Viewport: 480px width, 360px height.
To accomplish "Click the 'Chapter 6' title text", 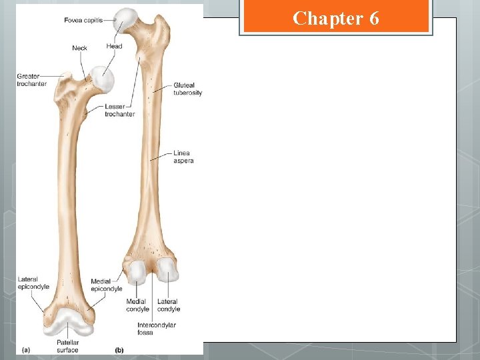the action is point(336,18).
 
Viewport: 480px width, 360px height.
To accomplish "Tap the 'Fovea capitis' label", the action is point(83,21).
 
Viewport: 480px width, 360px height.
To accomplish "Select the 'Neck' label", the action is point(79,48).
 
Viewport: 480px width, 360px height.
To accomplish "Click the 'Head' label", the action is point(114,47).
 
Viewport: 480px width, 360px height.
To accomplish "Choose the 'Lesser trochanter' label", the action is point(119,110).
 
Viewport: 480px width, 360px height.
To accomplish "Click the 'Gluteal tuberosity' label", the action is point(187,89).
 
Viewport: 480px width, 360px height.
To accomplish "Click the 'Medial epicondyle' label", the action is point(107,285).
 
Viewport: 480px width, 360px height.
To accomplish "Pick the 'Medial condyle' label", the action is point(137,305).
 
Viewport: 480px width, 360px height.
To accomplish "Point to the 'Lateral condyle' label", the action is point(169,305).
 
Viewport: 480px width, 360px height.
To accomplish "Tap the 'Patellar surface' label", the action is point(67,347).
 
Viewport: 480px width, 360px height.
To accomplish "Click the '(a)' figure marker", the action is point(26,349).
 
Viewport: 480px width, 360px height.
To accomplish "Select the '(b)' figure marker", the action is point(119,349).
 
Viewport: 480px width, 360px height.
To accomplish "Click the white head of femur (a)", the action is point(101,80).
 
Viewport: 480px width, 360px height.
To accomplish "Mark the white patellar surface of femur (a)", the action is point(67,324).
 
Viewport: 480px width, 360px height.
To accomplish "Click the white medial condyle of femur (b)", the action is point(139,271).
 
